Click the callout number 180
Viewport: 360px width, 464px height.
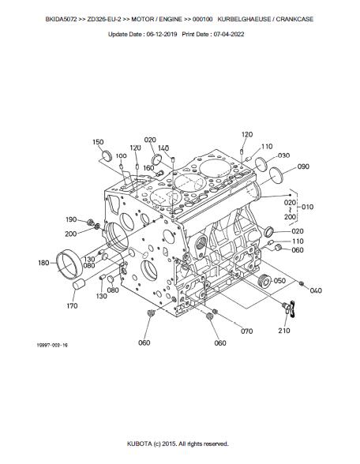[43, 263]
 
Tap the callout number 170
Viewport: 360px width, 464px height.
[72, 305]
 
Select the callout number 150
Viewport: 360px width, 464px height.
[98, 142]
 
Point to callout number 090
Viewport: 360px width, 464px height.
[303, 167]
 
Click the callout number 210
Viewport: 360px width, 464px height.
[284, 331]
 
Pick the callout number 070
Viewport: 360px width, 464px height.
[246, 331]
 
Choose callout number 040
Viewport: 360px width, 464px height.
[316, 290]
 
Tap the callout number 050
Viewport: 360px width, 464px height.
[279, 280]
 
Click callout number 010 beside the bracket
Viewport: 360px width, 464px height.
[307, 207]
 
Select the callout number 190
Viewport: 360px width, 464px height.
[71, 219]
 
